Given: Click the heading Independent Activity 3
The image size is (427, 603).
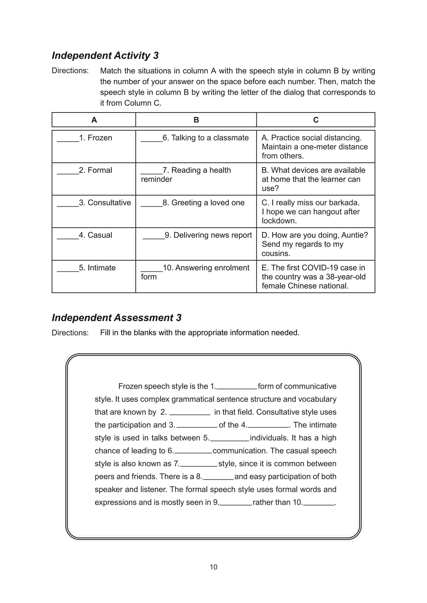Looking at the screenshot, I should (105, 56).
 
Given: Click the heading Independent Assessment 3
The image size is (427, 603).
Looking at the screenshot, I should (117, 318).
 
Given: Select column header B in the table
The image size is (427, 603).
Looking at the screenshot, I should (196, 120).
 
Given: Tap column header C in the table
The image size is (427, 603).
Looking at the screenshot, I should (316, 120).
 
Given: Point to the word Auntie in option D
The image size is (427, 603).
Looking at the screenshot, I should (355, 235).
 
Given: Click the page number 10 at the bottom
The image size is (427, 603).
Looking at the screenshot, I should (213, 567).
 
